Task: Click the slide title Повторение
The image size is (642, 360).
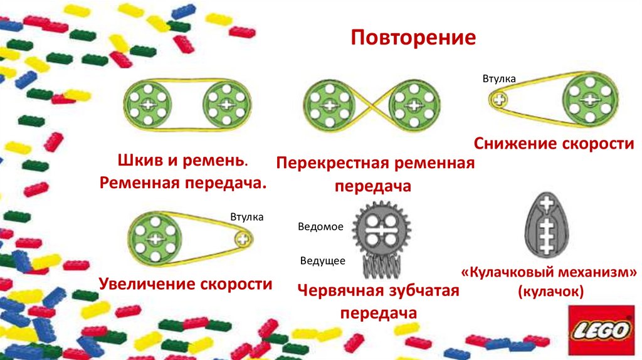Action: pyautogui.click(x=413, y=38)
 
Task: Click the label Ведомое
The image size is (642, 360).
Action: pyautogui.click(x=320, y=226)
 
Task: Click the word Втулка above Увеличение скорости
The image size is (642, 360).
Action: pyautogui.click(x=246, y=217)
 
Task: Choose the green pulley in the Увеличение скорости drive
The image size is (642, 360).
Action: pyautogui.click(x=154, y=238)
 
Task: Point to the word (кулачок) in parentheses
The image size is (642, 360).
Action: pyautogui.click(x=550, y=291)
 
